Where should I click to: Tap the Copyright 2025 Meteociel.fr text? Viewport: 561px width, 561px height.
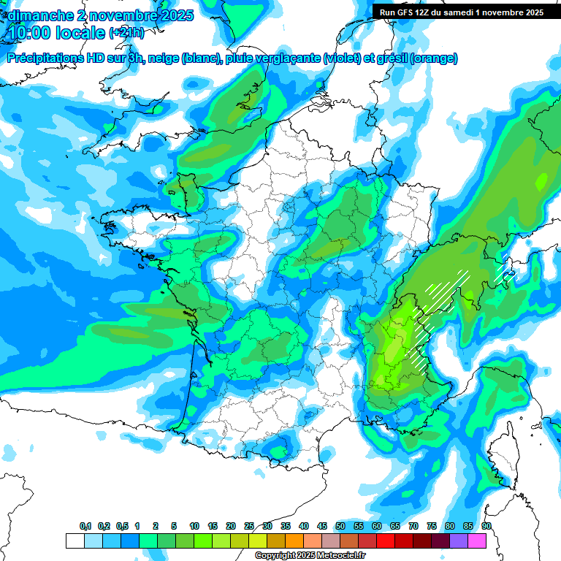pos(310,556)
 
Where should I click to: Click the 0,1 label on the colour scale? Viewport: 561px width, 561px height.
pos(85,527)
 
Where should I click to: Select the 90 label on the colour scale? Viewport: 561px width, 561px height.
pos(486,527)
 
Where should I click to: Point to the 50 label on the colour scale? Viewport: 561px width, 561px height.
pos(340,527)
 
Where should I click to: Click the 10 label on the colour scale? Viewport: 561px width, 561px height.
pos(194,527)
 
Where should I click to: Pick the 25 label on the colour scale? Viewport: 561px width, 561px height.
pos(249,527)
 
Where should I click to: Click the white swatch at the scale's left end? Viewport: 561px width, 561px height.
pos(75,541)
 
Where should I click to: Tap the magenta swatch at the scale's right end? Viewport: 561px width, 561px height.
pos(477,541)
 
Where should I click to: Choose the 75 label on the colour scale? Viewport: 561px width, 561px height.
pos(432,527)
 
